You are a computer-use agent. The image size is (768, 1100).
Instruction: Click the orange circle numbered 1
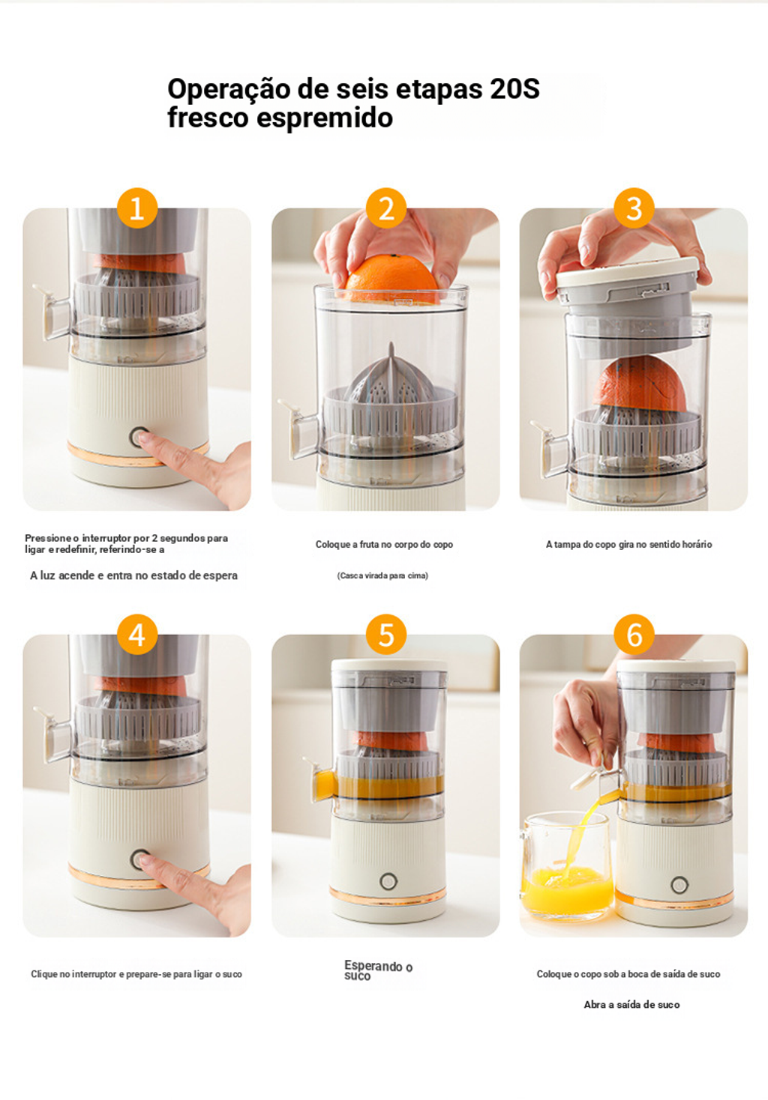pos(137,208)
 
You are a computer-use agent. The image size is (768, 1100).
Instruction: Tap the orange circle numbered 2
pos(386,208)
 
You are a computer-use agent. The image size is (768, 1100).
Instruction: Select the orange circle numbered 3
pos(634,208)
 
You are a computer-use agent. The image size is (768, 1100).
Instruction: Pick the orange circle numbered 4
pos(137,635)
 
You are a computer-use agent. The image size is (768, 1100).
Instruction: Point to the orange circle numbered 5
pos(386,635)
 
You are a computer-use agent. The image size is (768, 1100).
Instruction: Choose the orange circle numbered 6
pos(634,635)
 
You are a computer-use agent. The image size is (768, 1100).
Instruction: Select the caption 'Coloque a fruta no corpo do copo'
pos(384,544)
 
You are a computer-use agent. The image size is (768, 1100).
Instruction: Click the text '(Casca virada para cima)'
pos(382,575)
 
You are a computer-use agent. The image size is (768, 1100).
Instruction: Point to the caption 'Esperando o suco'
pos(378,970)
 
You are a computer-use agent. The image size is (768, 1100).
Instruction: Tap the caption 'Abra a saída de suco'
pos(632,1005)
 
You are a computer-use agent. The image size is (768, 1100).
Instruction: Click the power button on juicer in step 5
pos(388,881)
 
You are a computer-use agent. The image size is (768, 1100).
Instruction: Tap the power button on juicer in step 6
pos(679,885)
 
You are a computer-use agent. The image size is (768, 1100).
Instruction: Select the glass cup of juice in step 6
pos(568,865)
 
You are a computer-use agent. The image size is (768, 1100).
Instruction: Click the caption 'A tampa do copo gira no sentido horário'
pos(629,544)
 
